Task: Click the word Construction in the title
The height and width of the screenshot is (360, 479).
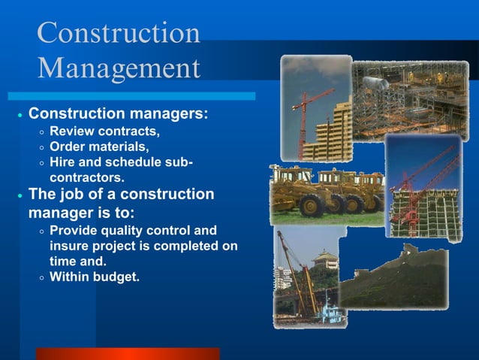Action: [x=119, y=33]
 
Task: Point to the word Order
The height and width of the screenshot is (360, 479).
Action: [x=68, y=147]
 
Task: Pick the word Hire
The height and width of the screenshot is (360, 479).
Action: [x=63, y=162]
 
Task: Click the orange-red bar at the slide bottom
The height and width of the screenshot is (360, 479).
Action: [x=128, y=353]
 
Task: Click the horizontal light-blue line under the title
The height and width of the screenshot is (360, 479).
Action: [x=131, y=96]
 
